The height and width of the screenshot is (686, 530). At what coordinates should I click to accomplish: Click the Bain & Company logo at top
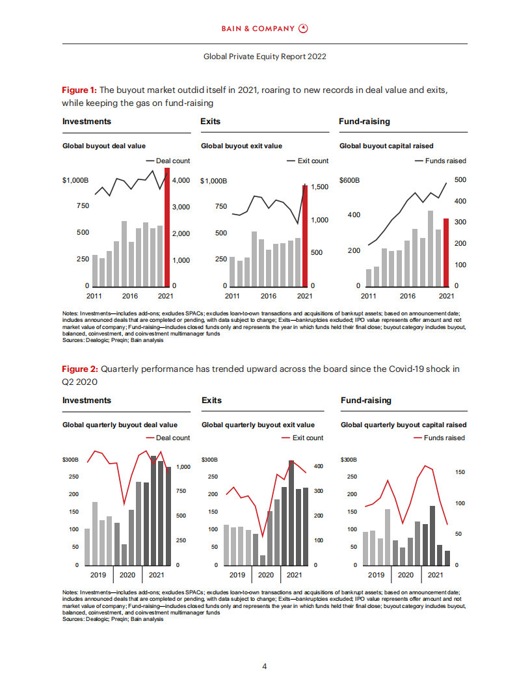tap(265, 29)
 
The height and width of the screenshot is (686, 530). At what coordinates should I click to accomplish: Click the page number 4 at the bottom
tap(265, 666)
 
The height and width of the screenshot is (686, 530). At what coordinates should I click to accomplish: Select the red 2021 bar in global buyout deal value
tap(167, 228)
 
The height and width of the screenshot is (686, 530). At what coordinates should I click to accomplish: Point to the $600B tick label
tap(350, 179)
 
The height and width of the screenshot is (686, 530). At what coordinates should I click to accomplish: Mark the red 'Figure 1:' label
tap(79, 90)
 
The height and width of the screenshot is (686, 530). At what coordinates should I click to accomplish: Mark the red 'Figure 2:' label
tap(79, 369)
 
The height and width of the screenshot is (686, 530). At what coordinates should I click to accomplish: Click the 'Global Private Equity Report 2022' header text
tap(265, 57)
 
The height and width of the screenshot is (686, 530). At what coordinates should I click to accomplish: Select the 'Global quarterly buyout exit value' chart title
tap(258, 425)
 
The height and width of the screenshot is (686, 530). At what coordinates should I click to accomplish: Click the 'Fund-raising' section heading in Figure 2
tap(366, 400)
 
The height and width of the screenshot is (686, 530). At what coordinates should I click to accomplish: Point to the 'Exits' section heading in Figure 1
tap(211, 122)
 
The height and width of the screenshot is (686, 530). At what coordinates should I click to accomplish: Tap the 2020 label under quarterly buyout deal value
tap(127, 575)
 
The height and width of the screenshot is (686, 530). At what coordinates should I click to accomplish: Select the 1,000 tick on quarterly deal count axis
tap(183, 467)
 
